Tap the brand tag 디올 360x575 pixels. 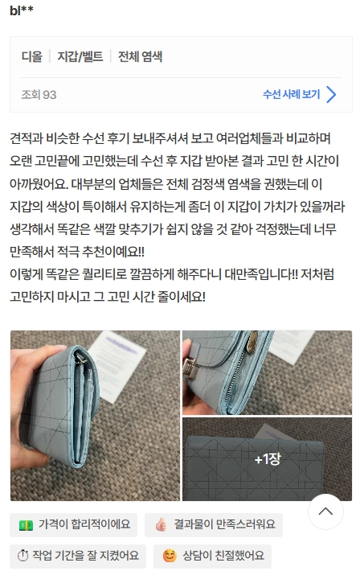point(31,57)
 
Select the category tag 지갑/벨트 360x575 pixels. point(80,57)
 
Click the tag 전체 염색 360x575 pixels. point(141,57)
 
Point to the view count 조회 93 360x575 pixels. point(39,95)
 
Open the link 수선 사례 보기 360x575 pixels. point(291,95)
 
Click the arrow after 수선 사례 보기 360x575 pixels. point(331,95)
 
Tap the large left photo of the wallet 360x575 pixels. point(95,415)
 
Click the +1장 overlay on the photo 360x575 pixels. point(267,459)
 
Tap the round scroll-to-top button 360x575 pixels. point(325,511)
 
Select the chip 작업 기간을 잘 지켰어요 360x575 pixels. point(77,556)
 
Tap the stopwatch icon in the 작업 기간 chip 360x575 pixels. point(24,556)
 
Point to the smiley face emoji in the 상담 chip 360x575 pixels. point(170,556)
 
